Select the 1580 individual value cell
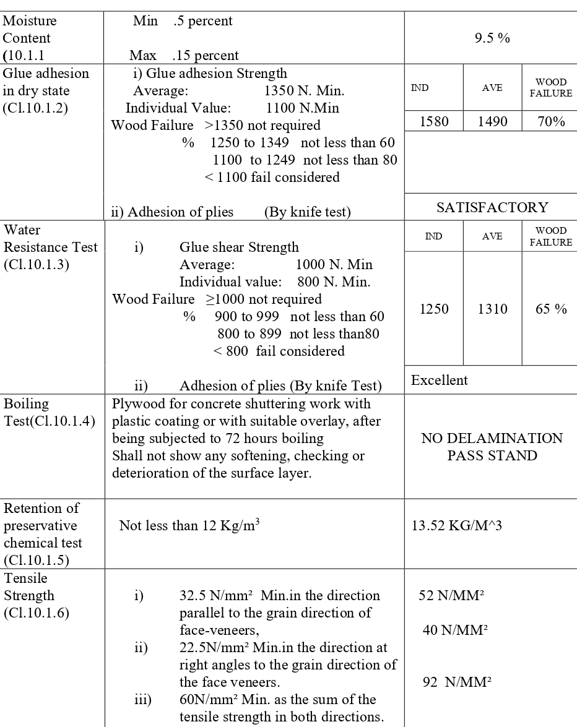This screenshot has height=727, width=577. coord(434,121)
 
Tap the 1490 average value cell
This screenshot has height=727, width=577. coord(492,121)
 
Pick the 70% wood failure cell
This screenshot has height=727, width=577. coord(550,121)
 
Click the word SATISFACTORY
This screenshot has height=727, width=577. coord(492,208)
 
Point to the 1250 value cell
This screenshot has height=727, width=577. coord(434,309)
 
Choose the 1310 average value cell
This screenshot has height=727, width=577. coord(492,309)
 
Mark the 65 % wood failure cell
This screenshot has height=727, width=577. coord(551,309)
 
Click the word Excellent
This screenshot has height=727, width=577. coord(440,380)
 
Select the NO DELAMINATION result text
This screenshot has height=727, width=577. coord(492,439)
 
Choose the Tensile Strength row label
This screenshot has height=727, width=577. coord(37,595)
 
